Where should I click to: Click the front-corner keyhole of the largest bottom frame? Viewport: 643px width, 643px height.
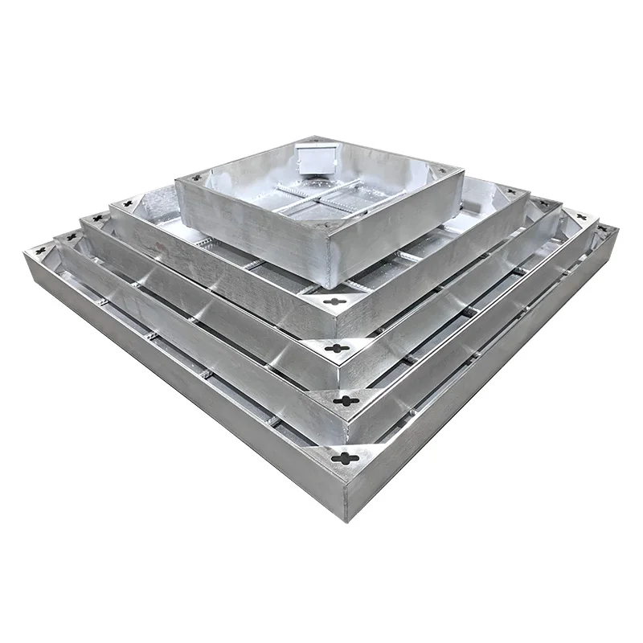pyautogui.click(x=346, y=458)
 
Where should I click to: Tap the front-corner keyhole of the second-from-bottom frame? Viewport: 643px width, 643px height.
pyautogui.click(x=344, y=400)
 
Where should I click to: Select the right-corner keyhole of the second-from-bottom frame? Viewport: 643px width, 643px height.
pyautogui.click(x=580, y=217)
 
